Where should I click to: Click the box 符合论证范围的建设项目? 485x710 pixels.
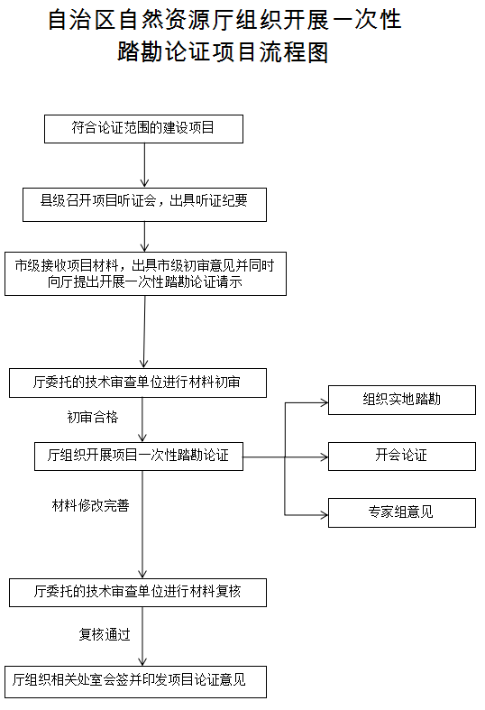point(144,129)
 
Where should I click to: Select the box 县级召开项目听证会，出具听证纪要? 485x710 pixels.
point(144,204)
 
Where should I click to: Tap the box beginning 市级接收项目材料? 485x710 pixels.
point(145,273)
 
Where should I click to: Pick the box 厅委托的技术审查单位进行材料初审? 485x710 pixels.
point(137,383)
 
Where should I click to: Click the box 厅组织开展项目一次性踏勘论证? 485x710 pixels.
point(138,456)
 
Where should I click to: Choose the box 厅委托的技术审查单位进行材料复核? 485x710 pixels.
point(138,592)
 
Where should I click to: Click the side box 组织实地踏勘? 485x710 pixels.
point(401,400)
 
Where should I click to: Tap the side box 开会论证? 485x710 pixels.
point(401,456)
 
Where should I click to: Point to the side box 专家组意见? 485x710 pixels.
point(401,512)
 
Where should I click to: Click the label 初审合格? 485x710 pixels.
point(92,418)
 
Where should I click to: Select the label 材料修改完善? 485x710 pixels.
point(90,506)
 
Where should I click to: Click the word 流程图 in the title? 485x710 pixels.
point(286,52)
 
